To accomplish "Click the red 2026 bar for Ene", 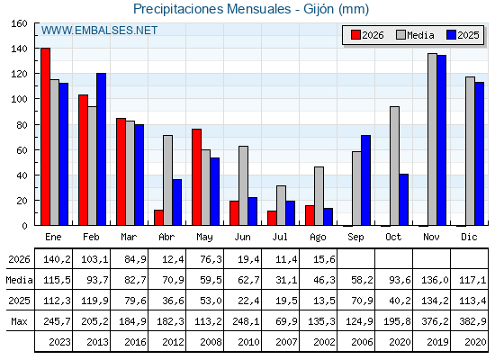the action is pos(45,137).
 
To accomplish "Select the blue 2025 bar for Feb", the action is pos(101,149).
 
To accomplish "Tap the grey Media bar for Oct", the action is pos(394,166).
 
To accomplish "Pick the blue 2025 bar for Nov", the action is pos(441,140).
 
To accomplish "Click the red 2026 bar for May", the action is pos(196,177).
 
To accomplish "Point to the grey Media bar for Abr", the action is pos(167,180).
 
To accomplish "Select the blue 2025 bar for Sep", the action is pos(365,180).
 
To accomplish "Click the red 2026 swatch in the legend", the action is pos(355,35).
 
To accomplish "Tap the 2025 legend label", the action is pos(468,35).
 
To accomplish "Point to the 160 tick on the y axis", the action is pos(19,23).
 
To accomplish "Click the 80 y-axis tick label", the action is pos(22,125).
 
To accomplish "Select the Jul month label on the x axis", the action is pos(280,237).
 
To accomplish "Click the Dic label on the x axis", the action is pos(469,237).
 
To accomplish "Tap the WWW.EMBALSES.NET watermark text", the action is pos(99,31).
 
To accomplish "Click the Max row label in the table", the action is pos(19,321).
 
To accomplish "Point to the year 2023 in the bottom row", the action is pos(59,342).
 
